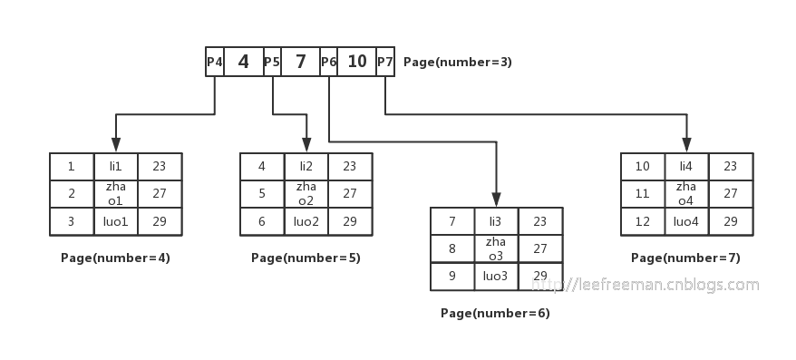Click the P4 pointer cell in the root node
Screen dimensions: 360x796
click(214, 62)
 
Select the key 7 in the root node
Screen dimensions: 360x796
click(301, 62)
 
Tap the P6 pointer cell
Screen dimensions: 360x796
click(328, 62)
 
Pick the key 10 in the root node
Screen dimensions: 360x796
click(357, 62)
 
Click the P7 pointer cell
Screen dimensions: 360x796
click(385, 62)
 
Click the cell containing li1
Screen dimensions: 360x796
click(115, 167)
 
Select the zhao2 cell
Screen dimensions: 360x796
click(306, 193)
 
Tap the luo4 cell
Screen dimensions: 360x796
click(686, 221)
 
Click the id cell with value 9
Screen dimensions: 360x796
click(451, 276)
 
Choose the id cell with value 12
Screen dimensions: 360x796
click(643, 221)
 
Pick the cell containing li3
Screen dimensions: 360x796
click(495, 221)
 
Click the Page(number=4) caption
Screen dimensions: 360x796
click(115, 258)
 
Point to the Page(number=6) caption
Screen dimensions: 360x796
click(495, 314)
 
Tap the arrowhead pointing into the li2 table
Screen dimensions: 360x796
click(306, 144)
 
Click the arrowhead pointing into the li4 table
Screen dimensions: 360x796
click(686, 144)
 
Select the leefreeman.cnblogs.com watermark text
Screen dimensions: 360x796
click(645, 285)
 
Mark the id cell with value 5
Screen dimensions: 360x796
click(262, 193)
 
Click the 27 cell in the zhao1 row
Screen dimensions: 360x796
click(160, 193)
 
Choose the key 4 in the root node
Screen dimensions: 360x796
click(243, 62)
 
